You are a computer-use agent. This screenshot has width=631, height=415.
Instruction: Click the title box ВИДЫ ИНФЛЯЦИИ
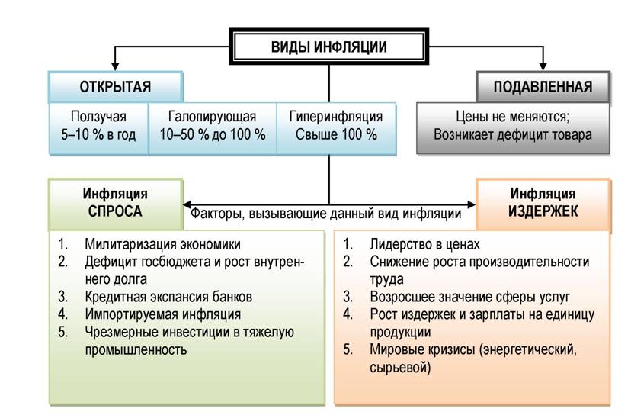(328, 47)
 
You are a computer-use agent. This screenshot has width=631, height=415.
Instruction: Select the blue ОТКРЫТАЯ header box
(116, 87)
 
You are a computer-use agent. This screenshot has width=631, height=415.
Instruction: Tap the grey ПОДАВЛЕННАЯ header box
(543, 87)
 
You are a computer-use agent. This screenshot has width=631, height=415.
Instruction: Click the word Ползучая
(98, 117)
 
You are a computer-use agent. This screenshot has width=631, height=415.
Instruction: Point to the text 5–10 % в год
(98, 134)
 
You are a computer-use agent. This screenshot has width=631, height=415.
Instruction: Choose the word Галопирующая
(212, 117)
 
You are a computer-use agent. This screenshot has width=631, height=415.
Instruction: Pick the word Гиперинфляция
(336, 117)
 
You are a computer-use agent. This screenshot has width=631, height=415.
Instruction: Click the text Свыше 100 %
(336, 134)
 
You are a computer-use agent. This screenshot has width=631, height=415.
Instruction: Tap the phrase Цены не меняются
(511, 117)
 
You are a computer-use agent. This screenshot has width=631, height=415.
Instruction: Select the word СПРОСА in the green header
(115, 211)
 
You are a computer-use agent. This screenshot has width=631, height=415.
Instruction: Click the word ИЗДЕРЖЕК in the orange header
(543, 211)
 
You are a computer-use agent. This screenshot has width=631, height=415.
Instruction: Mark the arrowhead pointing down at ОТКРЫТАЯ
(115, 66)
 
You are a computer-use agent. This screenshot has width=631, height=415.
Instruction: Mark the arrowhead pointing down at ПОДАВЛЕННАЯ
(543, 66)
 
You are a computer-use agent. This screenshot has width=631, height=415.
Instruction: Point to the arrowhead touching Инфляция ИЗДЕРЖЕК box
(471, 204)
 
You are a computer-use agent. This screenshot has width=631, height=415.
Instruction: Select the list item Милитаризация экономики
(163, 244)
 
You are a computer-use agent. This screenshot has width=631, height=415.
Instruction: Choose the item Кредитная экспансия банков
(168, 297)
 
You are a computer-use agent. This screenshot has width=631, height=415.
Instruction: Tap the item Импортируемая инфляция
(163, 314)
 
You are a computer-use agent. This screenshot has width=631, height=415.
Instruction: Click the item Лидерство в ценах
(425, 244)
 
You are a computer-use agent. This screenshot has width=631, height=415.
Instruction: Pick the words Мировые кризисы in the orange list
(422, 349)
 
